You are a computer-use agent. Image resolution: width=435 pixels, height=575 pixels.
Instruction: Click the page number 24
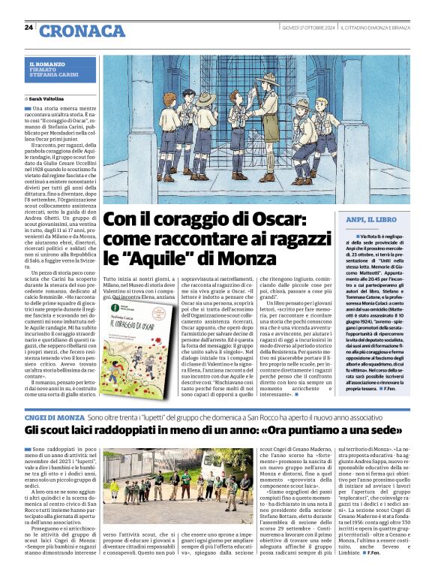28,28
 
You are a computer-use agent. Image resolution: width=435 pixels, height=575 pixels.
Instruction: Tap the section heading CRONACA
82,31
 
